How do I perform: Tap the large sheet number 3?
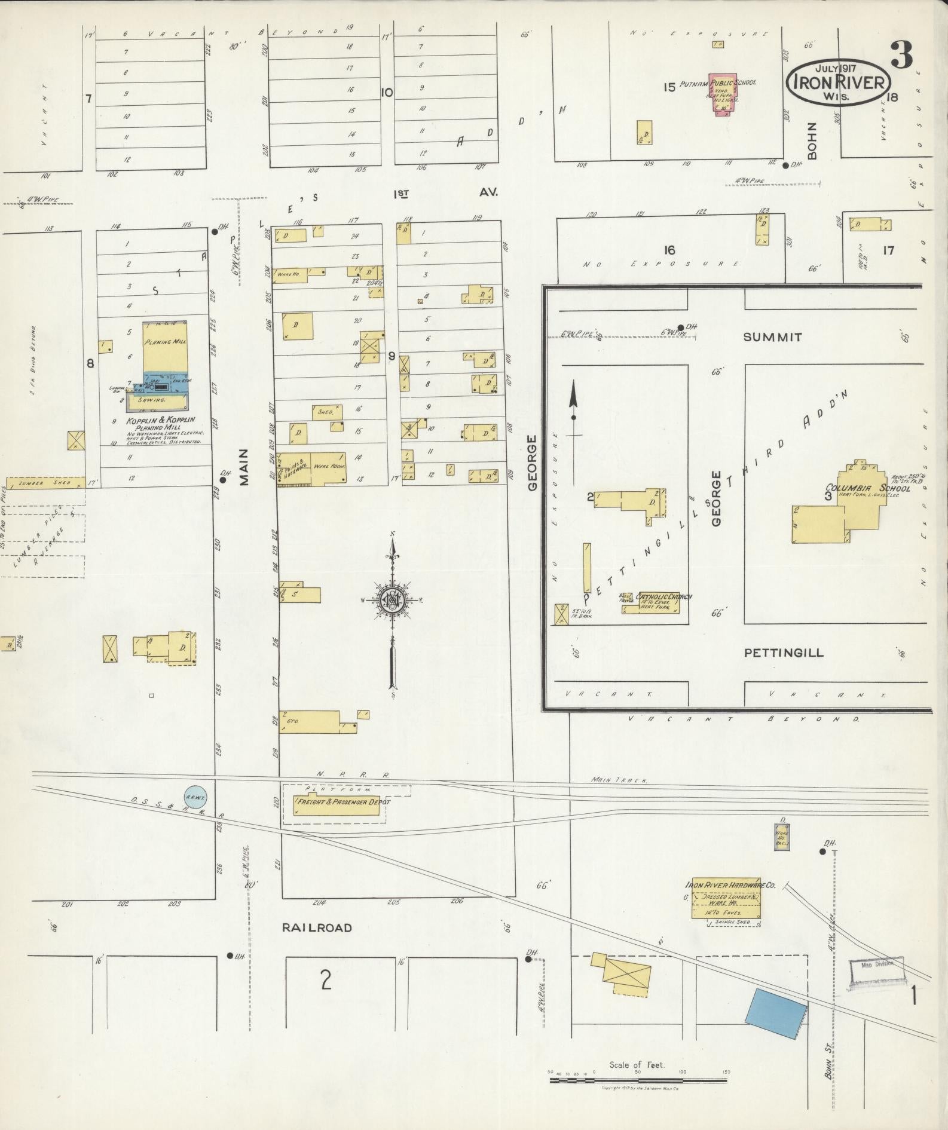pyautogui.click(x=901, y=55)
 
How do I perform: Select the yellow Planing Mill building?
pyautogui.click(x=166, y=348)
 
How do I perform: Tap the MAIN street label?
pyautogui.click(x=244, y=468)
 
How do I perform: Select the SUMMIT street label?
pyautogui.click(x=772, y=337)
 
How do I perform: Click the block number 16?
pyautogui.click(x=669, y=250)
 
